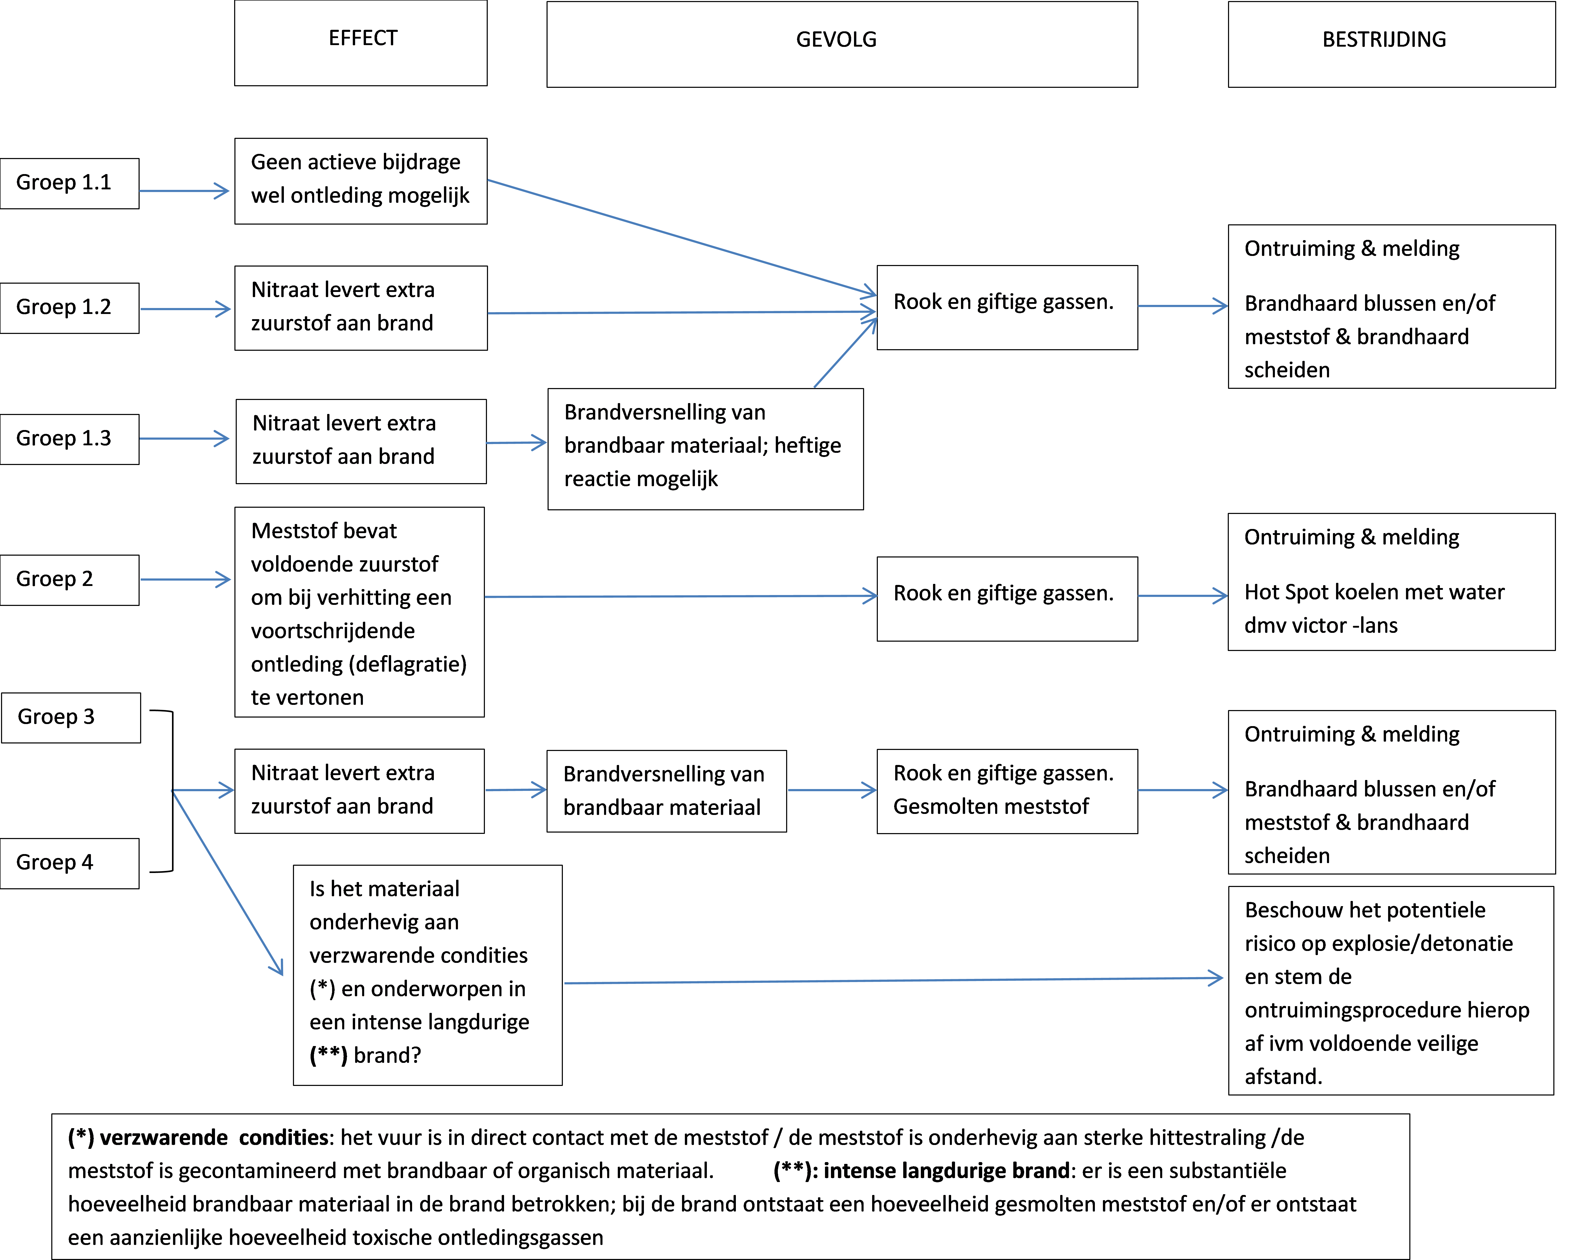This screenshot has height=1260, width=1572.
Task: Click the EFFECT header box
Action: point(361,43)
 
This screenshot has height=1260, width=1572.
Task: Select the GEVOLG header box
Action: point(842,45)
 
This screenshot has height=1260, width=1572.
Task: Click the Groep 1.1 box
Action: point(70,184)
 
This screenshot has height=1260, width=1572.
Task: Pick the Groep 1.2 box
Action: point(70,309)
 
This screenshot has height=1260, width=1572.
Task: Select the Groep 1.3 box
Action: point(70,440)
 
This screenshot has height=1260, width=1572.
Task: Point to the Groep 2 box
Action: point(70,581)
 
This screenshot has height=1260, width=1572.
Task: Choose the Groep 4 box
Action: point(70,863)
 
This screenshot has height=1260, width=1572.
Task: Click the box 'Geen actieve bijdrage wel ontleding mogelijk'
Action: point(361,181)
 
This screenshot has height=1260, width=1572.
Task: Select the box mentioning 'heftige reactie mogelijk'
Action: point(706,449)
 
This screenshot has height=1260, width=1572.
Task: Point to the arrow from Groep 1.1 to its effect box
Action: point(184,191)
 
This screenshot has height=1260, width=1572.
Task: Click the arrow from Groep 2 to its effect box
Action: point(186,580)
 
